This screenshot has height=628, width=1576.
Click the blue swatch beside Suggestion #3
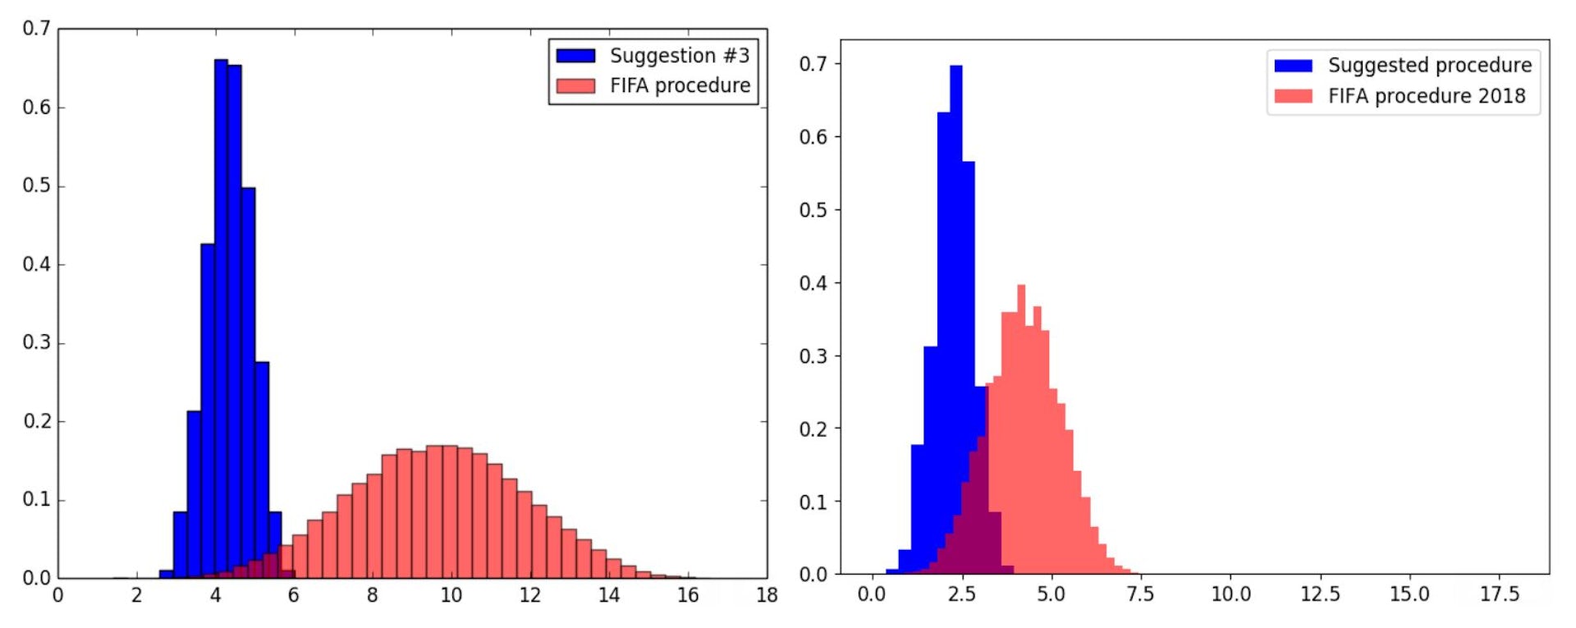click(575, 56)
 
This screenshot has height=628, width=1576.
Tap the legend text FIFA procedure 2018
click(1427, 96)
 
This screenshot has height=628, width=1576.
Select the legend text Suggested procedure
click(1429, 65)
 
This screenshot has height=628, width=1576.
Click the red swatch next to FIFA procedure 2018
click(1293, 96)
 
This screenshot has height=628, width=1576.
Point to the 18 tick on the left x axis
click(767, 595)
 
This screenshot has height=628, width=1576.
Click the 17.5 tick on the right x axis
click(1499, 594)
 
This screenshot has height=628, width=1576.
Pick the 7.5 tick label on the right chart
click(1140, 594)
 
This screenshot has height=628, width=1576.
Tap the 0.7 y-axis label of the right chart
click(813, 64)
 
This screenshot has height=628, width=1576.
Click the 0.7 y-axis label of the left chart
click(36, 29)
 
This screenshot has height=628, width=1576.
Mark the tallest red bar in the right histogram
click(1021, 427)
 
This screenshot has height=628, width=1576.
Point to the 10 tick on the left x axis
click(451, 595)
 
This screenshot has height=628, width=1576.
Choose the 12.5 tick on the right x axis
click(1319, 594)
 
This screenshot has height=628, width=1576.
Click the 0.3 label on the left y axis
click(36, 342)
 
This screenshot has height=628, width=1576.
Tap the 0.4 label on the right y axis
click(813, 283)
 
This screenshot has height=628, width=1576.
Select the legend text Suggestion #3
click(679, 56)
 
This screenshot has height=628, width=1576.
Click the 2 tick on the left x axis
click(136, 595)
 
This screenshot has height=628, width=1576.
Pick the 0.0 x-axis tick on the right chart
click(871, 594)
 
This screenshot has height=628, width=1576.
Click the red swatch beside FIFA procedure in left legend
click(575, 86)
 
